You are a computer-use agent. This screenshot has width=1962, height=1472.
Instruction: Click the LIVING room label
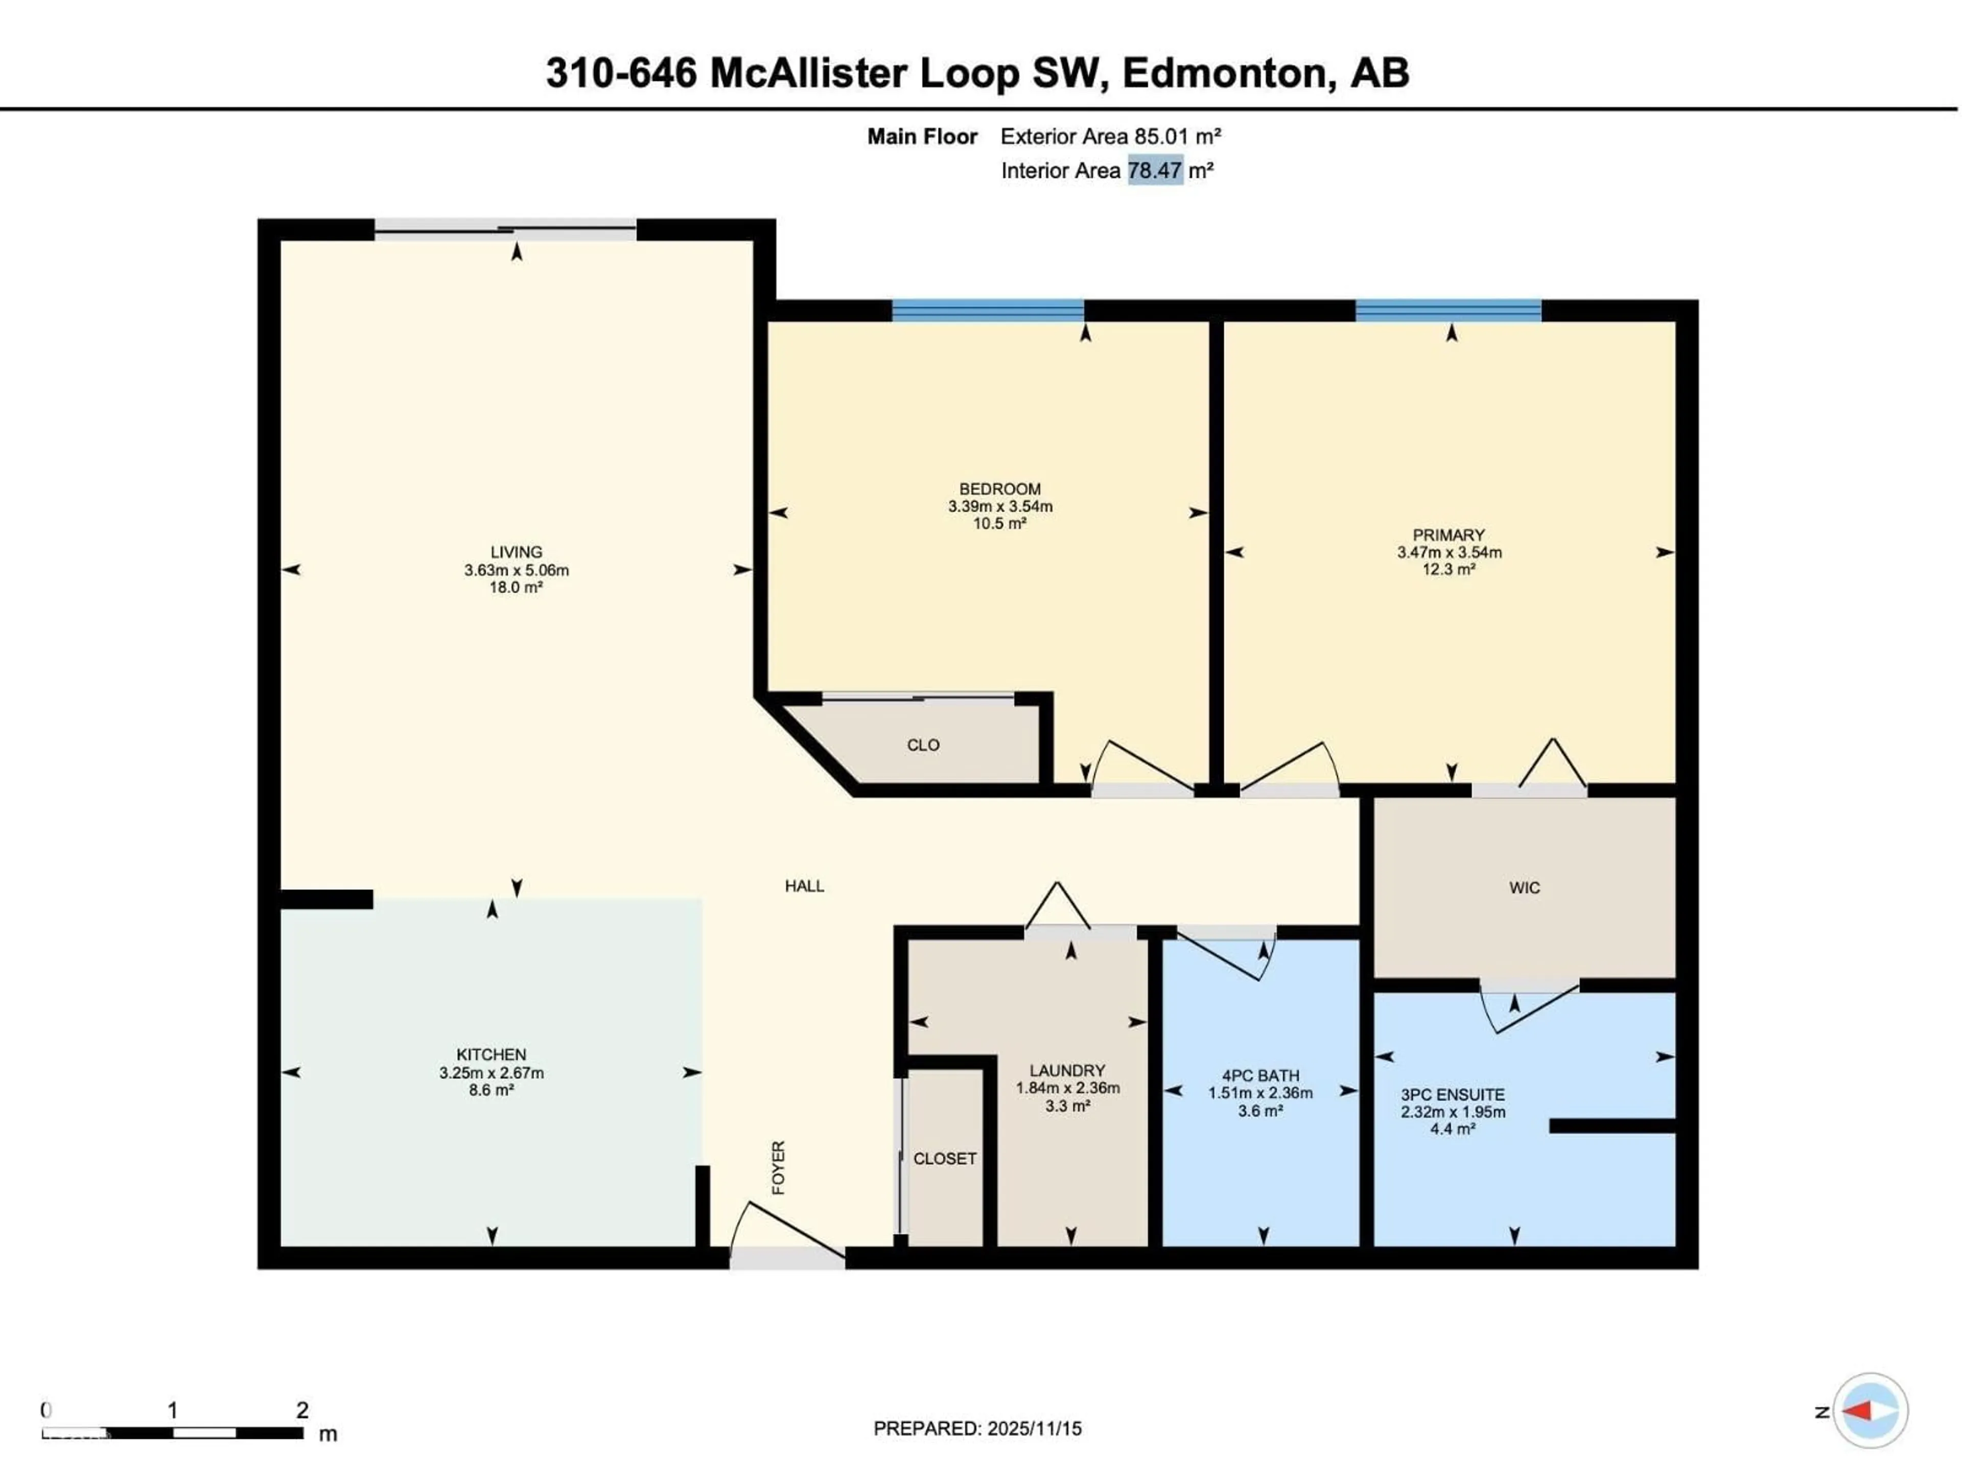pyautogui.click(x=516, y=552)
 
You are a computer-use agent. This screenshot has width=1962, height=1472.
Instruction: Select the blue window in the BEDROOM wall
pyautogui.click(x=987, y=311)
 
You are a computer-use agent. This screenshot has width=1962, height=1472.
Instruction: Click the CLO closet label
pyautogui.click(x=922, y=745)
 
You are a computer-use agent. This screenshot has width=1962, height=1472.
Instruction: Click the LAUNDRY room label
pyautogui.click(x=1067, y=1070)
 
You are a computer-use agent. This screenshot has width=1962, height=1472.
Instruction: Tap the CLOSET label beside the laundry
pyautogui.click(x=945, y=1159)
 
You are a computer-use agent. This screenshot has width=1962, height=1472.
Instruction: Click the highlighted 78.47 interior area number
pyautogui.click(x=1154, y=170)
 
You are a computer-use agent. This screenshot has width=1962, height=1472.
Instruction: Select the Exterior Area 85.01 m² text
pyautogui.click(x=1110, y=136)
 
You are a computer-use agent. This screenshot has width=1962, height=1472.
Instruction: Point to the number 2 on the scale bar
pyautogui.click(x=302, y=1410)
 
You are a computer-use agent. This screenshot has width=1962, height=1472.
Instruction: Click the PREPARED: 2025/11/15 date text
pyautogui.click(x=977, y=1429)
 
